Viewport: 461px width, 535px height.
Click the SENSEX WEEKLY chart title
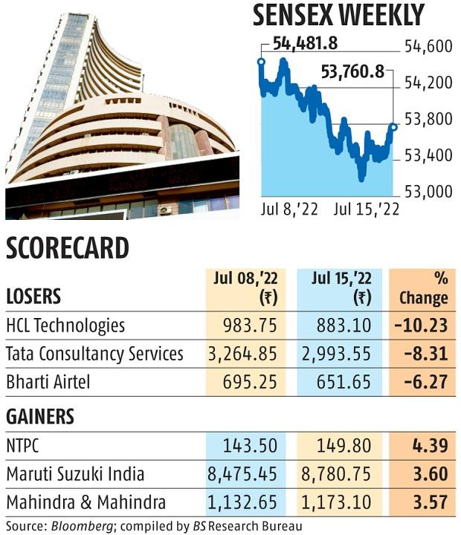338,15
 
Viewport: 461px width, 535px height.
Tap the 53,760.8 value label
353,72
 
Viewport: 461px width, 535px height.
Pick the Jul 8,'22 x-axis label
290,210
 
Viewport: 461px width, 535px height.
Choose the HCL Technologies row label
65,325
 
